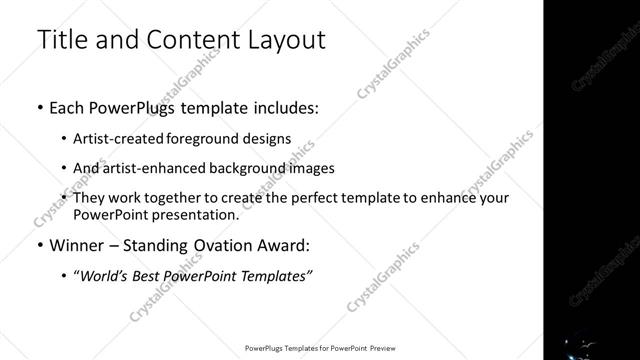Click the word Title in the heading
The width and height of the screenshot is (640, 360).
click(x=62, y=40)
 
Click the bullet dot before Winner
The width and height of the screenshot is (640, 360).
click(x=39, y=245)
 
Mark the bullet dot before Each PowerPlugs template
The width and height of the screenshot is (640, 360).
click(x=39, y=107)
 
